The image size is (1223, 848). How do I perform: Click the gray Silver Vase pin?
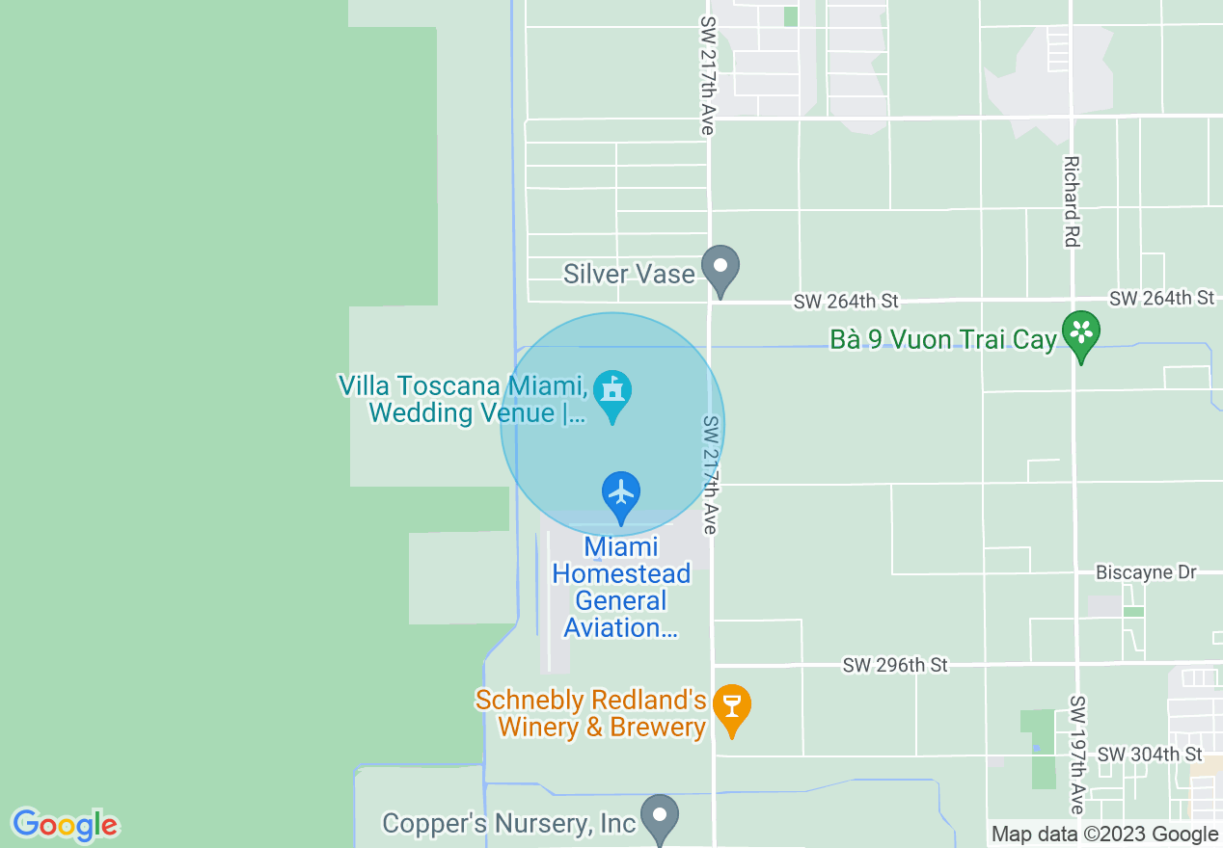pyautogui.click(x=720, y=269)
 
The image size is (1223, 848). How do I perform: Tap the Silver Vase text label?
pyautogui.click(x=629, y=275)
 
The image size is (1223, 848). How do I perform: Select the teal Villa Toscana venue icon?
pyautogui.click(x=612, y=393)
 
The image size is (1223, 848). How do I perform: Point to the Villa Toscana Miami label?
pyautogui.click(x=463, y=400)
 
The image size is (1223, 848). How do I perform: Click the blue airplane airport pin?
pyautogui.click(x=621, y=494)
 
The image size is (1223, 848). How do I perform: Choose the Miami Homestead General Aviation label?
pyautogui.click(x=621, y=587)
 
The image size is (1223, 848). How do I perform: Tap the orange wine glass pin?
pyautogui.click(x=732, y=708)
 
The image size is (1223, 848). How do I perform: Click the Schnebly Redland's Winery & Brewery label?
pyautogui.click(x=590, y=714)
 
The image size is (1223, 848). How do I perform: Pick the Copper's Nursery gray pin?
pyautogui.click(x=660, y=817)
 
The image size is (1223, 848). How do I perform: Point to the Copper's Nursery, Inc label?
pyautogui.click(x=509, y=824)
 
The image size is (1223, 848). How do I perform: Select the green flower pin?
pyautogui.click(x=1081, y=333)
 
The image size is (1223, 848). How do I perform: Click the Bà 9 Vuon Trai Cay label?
pyautogui.click(x=943, y=340)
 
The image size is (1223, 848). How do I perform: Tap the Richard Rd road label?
pyautogui.click(x=1071, y=201)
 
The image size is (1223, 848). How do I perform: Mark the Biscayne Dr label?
pyautogui.click(x=1146, y=573)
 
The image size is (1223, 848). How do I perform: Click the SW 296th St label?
pyautogui.click(x=895, y=666)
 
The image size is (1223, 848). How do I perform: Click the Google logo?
pyautogui.click(x=66, y=825)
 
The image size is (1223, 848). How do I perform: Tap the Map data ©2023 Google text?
pyautogui.click(x=1104, y=835)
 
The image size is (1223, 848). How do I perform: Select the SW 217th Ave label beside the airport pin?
pyautogui.click(x=711, y=475)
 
